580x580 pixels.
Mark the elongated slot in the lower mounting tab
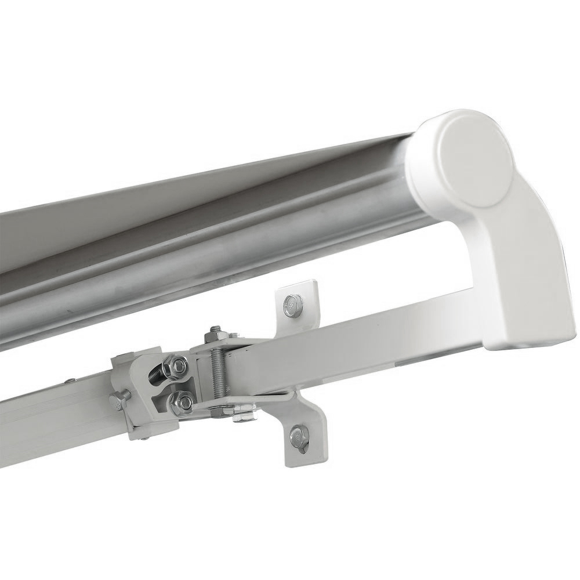coord(299,440)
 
